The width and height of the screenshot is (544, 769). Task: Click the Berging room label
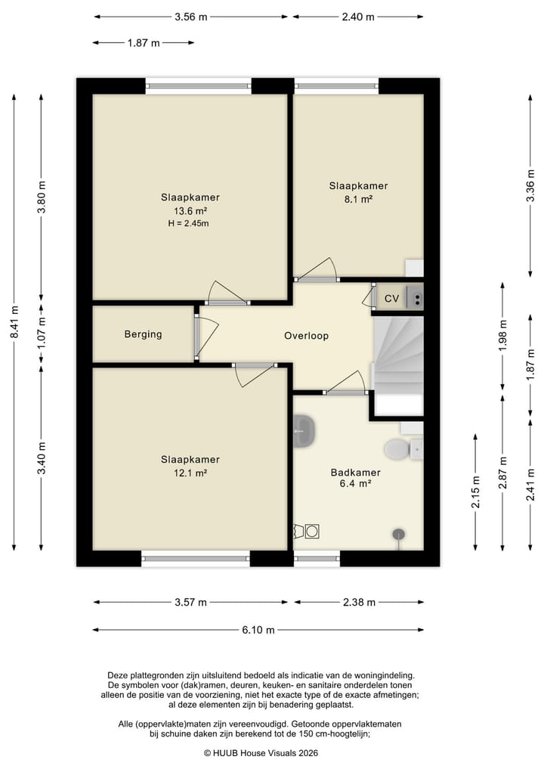pos(143,334)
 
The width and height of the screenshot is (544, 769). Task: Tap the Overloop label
pos(306,336)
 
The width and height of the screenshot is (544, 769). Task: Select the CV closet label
pos(391,298)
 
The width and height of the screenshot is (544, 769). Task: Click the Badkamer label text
pos(356,473)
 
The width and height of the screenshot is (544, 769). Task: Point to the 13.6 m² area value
pos(190,212)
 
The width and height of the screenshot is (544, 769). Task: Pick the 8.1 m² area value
pos(358,199)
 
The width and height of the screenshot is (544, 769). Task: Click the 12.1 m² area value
pos(190,473)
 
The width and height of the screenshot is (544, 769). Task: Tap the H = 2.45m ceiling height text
pos(189,224)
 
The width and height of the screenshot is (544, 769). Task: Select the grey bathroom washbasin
pos(304,430)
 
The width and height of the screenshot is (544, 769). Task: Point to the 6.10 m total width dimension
pos(258,630)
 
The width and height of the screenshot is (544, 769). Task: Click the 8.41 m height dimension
pos(14,321)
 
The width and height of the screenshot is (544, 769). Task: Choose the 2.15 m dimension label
pos(475,492)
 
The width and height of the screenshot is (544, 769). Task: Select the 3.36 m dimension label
pos(530,185)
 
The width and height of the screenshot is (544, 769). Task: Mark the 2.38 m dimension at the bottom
pos(359,602)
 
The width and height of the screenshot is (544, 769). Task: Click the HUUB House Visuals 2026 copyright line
pos(261,753)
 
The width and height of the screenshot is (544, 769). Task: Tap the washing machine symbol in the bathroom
pos(312,531)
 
